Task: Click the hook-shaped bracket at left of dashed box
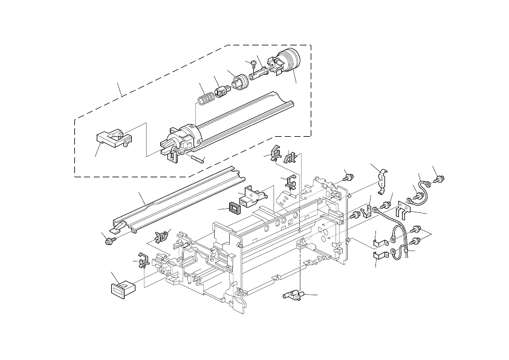pos(113,139)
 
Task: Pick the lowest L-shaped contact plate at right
pos(380,259)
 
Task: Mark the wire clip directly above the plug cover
pos(142,261)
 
